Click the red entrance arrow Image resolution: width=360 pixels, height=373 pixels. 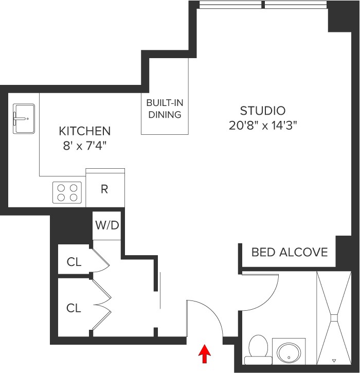205,354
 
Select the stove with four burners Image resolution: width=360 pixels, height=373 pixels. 67,192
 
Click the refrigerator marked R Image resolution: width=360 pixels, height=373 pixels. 104,189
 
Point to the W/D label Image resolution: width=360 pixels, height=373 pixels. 106,225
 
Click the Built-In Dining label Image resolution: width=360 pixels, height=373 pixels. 165,109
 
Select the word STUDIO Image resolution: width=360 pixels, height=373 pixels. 262,110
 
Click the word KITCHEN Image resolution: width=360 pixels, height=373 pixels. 84,131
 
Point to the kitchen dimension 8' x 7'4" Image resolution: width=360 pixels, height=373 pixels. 84,145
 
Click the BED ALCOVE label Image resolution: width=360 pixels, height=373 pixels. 289,252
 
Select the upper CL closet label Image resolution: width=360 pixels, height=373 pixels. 74,262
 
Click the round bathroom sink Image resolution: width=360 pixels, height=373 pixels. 288,353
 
